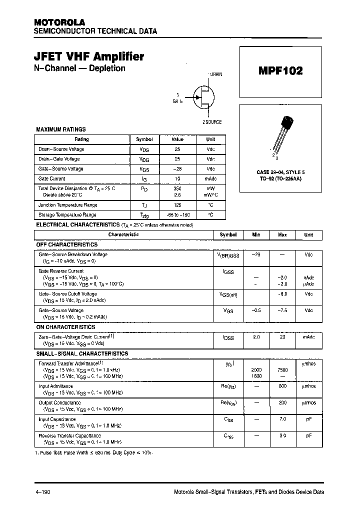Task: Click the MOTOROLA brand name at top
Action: tap(59, 22)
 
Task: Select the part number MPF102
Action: tap(280, 70)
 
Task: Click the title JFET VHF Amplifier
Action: tap(89, 56)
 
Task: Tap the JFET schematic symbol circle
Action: tap(203, 96)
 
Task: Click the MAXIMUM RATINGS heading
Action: tap(61, 129)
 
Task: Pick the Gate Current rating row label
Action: tap(52, 178)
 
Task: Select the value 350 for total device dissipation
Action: tap(177, 188)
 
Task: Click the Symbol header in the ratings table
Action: tap(144, 139)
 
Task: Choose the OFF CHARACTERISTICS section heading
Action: tap(67, 244)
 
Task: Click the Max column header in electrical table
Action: tap(282, 234)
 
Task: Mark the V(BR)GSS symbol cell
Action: tap(228, 255)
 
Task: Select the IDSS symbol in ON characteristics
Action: tap(228, 338)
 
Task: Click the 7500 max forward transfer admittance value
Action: tap(282, 369)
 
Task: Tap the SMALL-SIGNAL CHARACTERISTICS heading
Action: tap(82, 353)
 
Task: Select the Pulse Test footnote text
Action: tap(94, 452)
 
